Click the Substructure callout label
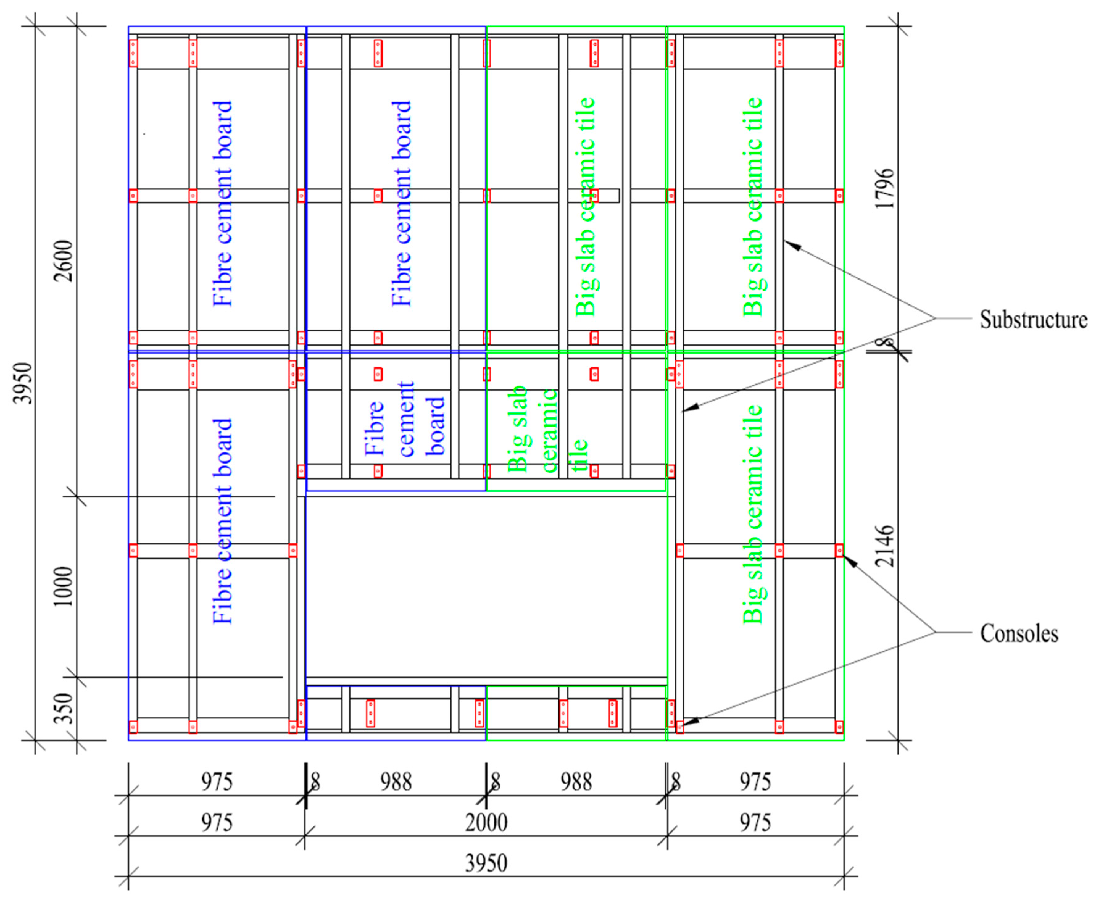point(1033,319)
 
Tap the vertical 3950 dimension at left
point(23,383)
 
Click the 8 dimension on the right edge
point(884,343)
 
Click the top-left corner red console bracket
point(133,53)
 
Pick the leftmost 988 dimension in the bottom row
point(396,782)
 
